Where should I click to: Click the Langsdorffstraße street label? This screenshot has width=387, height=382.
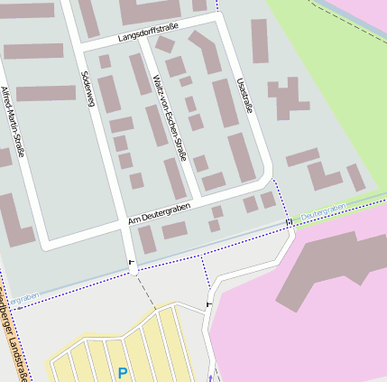click(148, 33)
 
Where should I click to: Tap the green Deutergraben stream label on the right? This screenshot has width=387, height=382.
click(323, 210)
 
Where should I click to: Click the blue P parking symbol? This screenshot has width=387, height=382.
click(123, 371)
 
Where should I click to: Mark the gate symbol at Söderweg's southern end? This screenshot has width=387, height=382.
click(133, 262)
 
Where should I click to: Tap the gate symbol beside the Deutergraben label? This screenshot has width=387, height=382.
click(289, 222)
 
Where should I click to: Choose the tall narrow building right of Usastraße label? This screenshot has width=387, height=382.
click(259, 41)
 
